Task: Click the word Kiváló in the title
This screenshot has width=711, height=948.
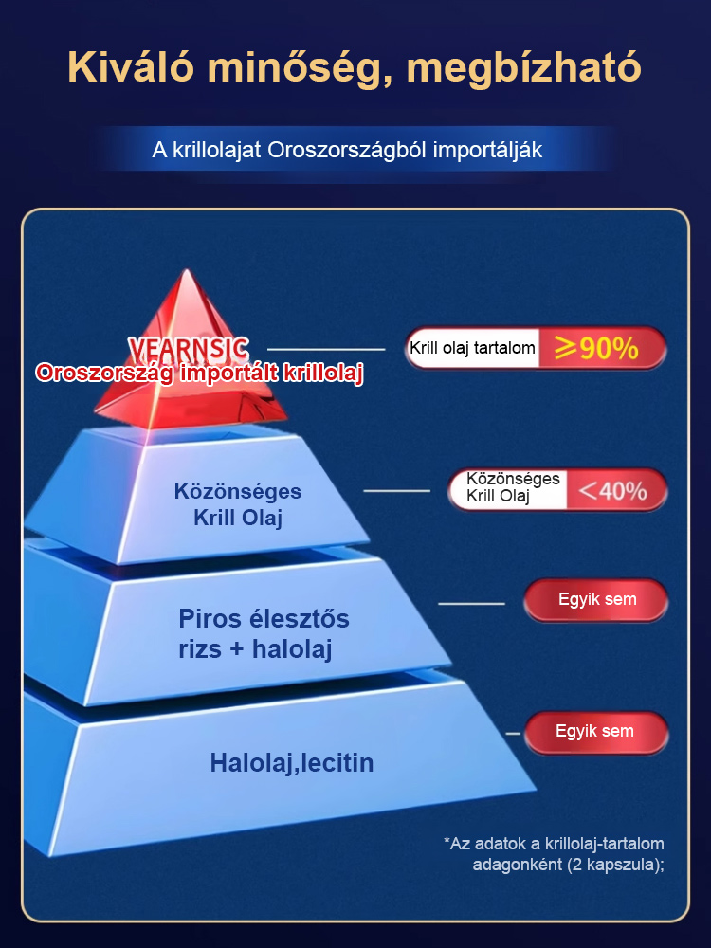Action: (131, 66)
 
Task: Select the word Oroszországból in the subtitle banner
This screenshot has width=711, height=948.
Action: (347, 151)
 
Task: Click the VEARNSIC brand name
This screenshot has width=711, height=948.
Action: (189, 349)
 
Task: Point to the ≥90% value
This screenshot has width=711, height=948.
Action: (596, 349)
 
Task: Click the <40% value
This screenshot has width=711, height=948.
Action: (612, 491)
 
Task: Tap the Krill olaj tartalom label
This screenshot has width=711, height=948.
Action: (472, 348)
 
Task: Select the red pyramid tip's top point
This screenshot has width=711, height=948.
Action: (188, 269)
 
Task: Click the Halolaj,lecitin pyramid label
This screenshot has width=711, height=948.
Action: (291, 763)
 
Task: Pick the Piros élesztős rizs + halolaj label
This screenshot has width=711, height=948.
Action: (264, 633)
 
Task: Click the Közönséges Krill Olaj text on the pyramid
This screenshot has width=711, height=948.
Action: (238, 504)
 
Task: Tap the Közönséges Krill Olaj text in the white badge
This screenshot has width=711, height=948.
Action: (513, 488)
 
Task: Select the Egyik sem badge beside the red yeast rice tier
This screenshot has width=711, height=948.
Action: (596, 600)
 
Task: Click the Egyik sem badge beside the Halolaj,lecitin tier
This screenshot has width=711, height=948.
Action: (596, 732)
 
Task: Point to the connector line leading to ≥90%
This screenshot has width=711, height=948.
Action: (326, 349)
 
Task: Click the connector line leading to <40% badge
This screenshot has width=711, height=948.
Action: (396, 491)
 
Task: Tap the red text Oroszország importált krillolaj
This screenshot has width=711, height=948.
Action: (199, 373)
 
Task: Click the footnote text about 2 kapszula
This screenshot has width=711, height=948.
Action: (554, 854)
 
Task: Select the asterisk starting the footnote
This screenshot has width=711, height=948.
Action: (447, 841)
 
